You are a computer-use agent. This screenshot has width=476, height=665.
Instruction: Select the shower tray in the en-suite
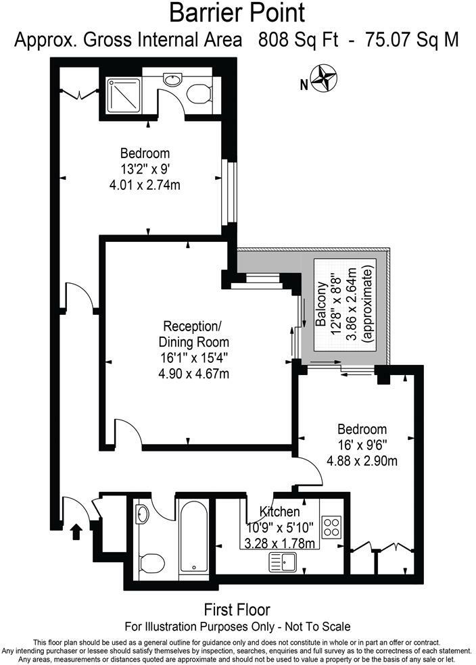124,95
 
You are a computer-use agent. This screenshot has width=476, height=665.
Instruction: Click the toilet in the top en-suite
199,94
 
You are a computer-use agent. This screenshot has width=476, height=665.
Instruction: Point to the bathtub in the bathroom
195,538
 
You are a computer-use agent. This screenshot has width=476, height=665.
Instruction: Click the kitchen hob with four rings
332,526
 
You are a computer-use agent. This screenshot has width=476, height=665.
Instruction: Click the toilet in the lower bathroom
152,562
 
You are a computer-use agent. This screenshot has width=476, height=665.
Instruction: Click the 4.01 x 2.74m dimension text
145,184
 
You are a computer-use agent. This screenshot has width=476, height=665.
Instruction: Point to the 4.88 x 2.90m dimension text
362,462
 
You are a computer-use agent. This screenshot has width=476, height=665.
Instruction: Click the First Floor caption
237,610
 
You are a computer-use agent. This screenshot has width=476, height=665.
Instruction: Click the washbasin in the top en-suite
172,80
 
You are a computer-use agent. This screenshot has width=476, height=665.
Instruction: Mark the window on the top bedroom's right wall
230,195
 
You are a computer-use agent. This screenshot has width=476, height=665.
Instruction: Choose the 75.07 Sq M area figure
412,40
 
